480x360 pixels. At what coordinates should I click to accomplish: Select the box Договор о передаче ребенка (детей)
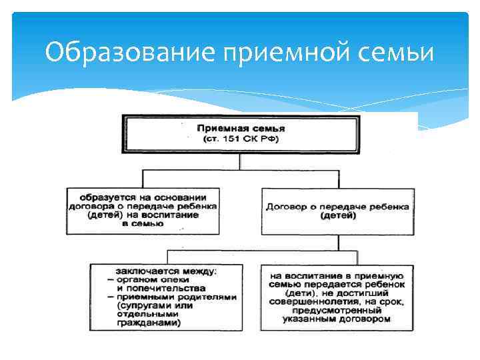click(337, 211)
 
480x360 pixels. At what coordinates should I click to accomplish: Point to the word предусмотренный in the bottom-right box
click(337, 310)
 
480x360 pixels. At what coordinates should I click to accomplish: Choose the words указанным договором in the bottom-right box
click(336, 319)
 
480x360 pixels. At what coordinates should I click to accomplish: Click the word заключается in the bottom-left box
click(144, 271)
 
